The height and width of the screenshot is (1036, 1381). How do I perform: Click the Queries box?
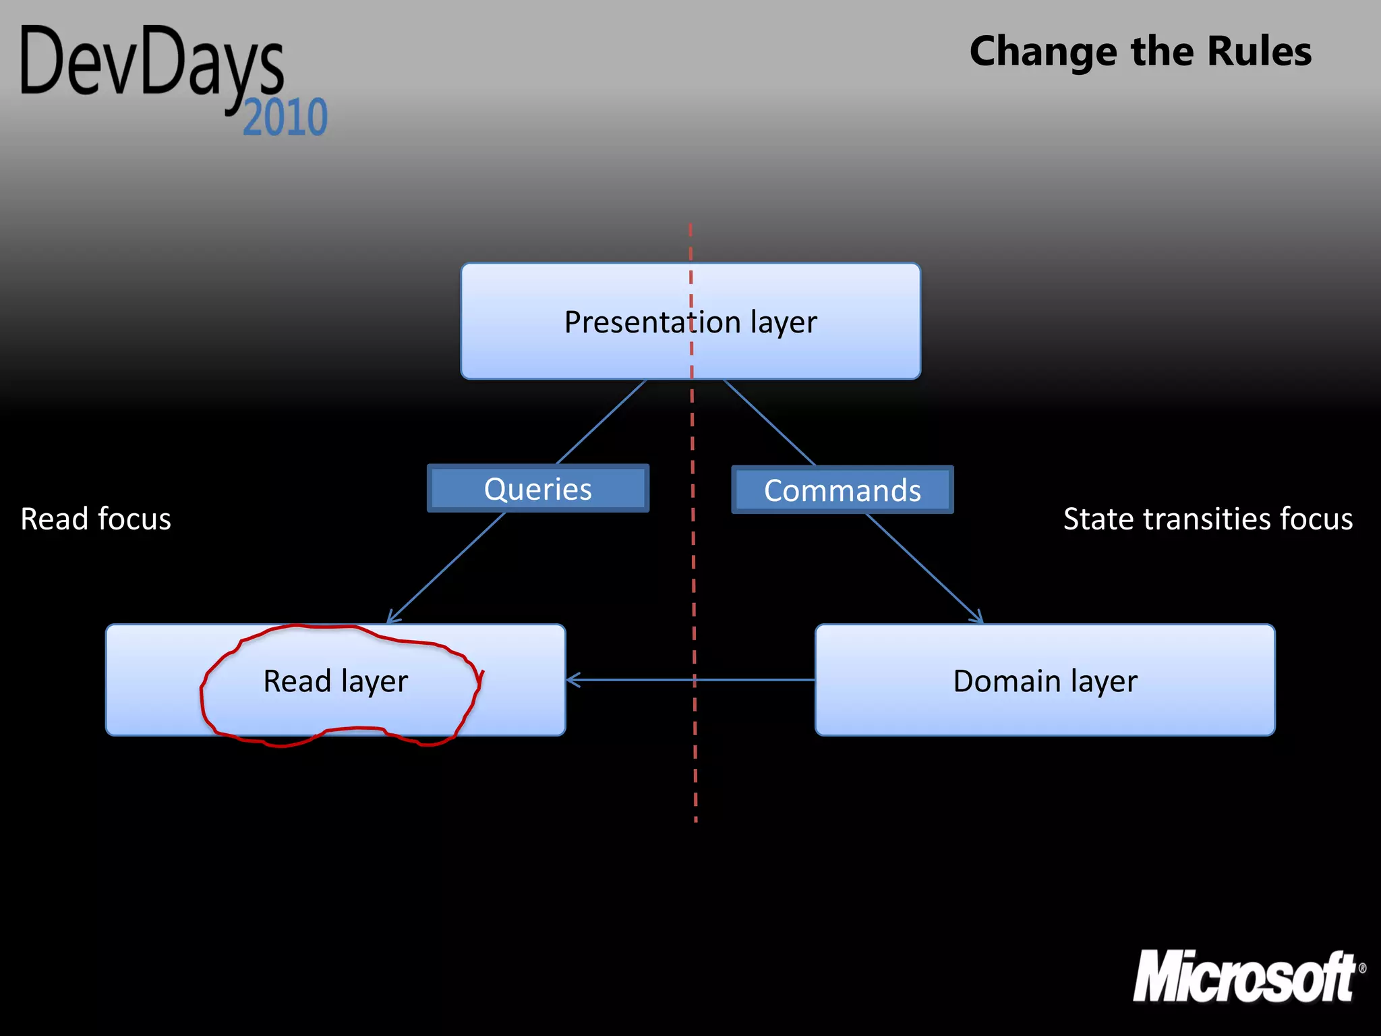click(537, 488)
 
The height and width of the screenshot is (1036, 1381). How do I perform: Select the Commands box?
click(842, 490)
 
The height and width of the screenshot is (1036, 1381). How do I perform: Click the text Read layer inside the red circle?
click(335, 681)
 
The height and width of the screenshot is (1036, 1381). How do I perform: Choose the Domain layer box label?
click(1045, 681)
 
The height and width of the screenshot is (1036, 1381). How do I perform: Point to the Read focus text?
click(96, 519)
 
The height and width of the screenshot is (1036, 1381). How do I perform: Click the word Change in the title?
click(1042, 53)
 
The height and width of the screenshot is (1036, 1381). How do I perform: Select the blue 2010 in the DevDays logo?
click(285, 117)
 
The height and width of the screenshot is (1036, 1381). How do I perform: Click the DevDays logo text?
click(152, 64)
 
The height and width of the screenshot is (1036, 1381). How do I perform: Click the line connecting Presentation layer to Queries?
click(601, 422)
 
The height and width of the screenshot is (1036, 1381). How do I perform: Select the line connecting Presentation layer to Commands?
click(769, 422)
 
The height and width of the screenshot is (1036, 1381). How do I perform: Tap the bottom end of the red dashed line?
click(696, 819)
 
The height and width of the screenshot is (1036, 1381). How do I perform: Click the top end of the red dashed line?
click(690, 227)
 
